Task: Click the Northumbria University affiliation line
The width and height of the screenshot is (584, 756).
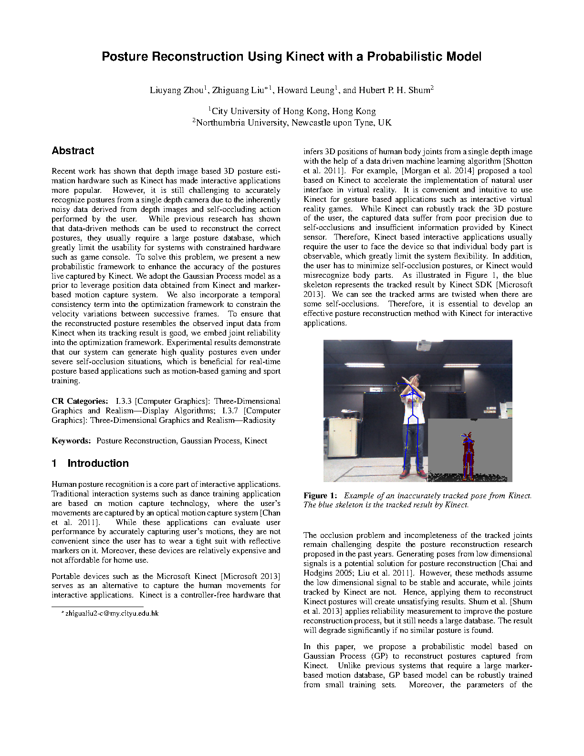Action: (x=292, y=123)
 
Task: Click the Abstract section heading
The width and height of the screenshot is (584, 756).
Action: (x=73, y=151)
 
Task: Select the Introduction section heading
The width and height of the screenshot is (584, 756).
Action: (x=98, y=463)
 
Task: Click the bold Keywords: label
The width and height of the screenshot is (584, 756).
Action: (x=71, y=441)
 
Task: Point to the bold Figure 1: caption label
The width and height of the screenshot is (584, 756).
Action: (x=320, y=495)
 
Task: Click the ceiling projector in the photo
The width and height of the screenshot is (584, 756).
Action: (x=424, y=345)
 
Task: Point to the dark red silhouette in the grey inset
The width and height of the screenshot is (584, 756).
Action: (x=468, y=456)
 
